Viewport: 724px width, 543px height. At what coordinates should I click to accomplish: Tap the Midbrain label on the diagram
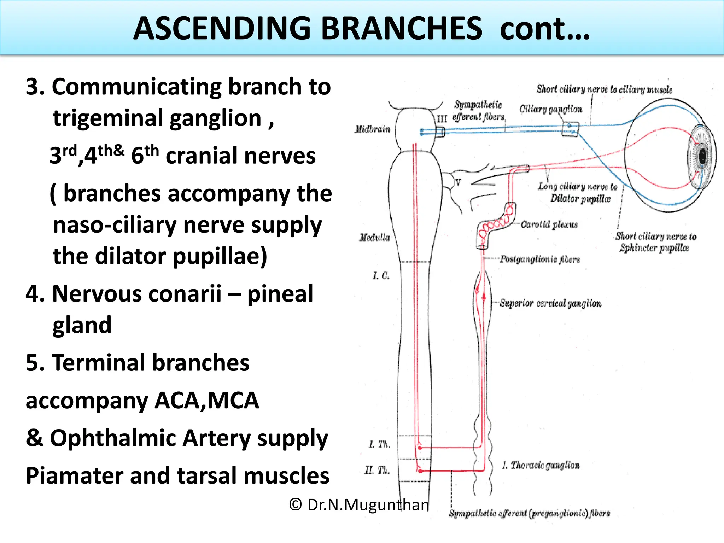[372, 129]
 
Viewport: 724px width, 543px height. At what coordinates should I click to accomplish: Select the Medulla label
[374, 237]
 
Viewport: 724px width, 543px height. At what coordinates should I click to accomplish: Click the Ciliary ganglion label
[550, 109]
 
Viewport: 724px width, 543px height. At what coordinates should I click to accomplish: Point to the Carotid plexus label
[549, 225]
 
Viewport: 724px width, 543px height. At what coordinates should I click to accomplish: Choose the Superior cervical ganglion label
[550, 303]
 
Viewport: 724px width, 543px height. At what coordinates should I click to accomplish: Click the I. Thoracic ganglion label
[541, 465]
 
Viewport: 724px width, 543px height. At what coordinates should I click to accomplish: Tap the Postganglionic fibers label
[539, 259]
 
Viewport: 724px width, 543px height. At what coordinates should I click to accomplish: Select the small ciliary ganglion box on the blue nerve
[570, 129]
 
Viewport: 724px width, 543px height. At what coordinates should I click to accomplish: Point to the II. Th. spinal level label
[377, 470]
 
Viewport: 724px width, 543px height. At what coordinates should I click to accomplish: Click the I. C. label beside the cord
[381, 275]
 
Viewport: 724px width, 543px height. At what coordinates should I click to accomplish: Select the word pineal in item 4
[280, 293]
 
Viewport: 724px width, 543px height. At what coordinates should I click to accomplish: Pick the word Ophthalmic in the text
[113, 438]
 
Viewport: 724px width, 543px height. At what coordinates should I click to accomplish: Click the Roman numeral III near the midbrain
[442, 118]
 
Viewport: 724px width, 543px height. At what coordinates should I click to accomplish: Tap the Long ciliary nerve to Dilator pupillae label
[578, 192]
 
